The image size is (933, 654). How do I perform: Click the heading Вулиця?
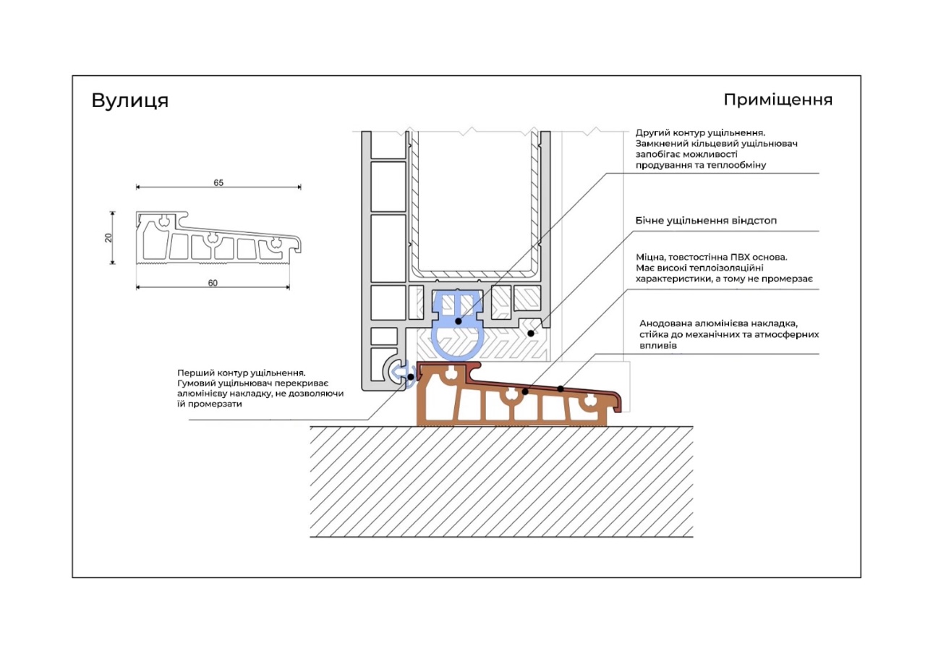point(130,101)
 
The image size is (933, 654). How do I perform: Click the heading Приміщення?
point(777,100)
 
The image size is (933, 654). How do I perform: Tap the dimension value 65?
point(218,182)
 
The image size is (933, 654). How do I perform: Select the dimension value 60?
point(213,283)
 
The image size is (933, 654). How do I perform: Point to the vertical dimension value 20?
point(108,238)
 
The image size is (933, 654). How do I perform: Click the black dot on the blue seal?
point(458,321)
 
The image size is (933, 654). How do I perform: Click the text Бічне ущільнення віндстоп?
point(706,221)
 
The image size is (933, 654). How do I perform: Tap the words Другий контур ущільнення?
point(700,133)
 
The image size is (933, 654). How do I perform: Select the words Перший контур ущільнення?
point(241,373)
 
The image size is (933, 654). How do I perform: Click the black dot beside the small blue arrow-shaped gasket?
point(411,377)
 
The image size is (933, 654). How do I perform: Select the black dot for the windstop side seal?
point(531,334)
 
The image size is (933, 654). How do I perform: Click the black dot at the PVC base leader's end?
point(525,391)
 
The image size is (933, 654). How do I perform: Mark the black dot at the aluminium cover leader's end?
point(561,388)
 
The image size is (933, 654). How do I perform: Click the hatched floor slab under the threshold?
point(501,482)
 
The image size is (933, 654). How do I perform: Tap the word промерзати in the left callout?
point(215,404)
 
